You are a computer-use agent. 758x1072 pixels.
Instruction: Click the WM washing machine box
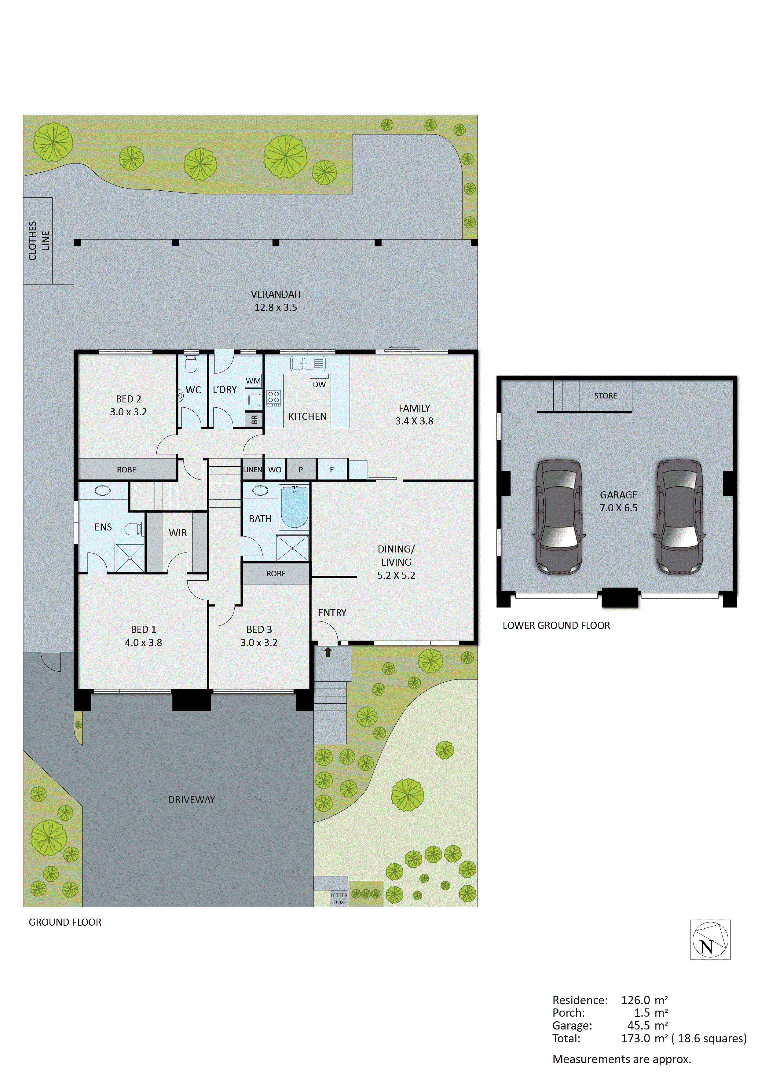tap(253, 380)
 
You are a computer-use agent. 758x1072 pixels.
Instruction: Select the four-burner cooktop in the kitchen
tap(273, 398)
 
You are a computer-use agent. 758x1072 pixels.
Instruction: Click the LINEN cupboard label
tap(252, 470)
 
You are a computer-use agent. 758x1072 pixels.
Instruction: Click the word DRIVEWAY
tap(191, 800)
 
